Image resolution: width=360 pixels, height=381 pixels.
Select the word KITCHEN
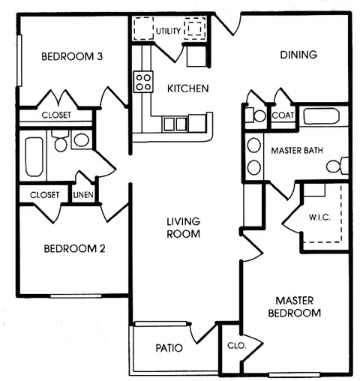pos(187,88)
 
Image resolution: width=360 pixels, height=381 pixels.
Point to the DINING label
pos(298,55)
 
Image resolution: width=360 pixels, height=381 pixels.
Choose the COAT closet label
pos(283,115)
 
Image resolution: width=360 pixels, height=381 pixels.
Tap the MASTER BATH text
pos(296,150)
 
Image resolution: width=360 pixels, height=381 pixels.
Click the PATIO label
pos(169,348)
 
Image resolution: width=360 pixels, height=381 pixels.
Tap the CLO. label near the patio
pos(235,346)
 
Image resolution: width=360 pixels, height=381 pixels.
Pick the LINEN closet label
pos(82,194)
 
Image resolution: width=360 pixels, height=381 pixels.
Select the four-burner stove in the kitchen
pos(142,80)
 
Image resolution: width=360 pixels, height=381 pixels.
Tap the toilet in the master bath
pos(343,166)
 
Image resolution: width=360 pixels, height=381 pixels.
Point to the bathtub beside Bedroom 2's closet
pos(34,156)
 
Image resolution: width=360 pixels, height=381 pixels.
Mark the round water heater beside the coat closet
pos(259,116)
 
